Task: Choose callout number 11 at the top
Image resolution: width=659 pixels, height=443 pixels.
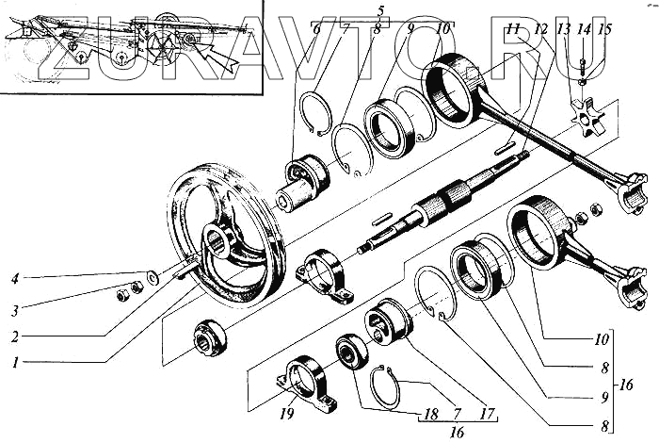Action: tap(511, 30)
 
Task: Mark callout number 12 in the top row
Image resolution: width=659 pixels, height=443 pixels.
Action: tap(539, 30)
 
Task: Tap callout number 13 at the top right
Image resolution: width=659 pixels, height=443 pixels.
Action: tap(563, 30)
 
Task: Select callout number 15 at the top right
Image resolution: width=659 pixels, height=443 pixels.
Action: tap(603, 30)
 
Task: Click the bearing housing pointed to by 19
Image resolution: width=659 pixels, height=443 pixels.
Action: tap(306, 385)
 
